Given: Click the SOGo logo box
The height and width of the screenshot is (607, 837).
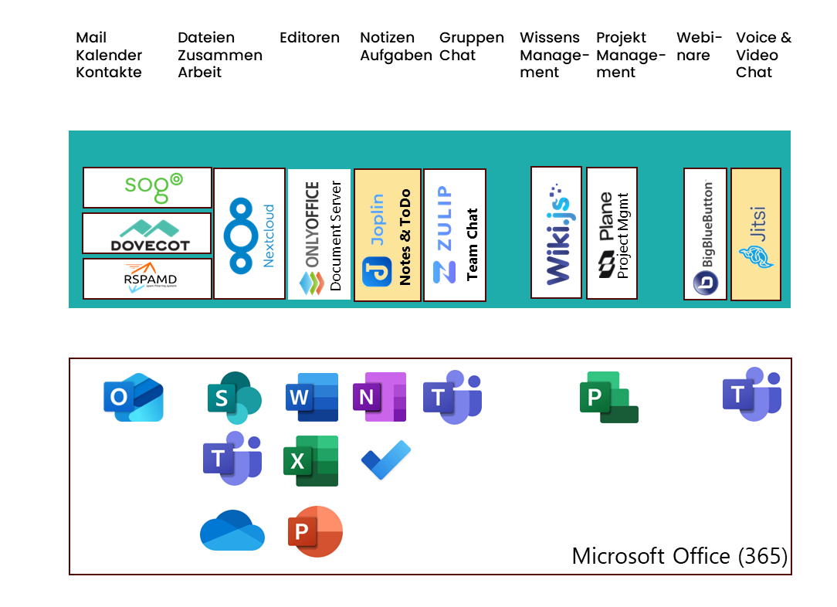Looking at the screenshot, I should pos(147,188).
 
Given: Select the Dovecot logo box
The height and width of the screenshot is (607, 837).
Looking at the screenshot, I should pos(147,233).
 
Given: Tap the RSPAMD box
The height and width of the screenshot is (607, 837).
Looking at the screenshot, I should pos(147,279).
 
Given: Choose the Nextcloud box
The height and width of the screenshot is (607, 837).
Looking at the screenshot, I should pos(249,233).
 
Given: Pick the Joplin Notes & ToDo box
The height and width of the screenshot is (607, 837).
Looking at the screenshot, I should pos(388,235).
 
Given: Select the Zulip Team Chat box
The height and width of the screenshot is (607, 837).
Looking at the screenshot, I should pos(455,235).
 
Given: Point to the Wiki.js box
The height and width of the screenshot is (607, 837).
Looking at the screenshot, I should pos(556,232).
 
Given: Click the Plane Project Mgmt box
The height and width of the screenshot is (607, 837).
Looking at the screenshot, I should pos(612,233).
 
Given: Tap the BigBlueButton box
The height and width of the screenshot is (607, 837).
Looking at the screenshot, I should pos(705,234).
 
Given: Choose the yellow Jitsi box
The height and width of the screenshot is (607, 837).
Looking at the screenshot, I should pos(756,234).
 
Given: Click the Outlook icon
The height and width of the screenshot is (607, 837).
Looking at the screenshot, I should pos(134,398).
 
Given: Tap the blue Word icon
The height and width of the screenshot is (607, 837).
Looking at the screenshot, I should pos(312,397).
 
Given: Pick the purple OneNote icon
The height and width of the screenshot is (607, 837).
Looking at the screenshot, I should pos(379,397).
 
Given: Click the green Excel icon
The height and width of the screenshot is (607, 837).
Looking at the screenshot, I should pos(311,461).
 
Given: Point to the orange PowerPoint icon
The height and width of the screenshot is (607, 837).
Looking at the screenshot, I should pos(315,531).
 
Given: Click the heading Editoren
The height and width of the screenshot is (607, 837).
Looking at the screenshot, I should pos(310,38).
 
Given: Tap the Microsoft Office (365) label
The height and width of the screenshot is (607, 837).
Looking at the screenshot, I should pos(679,556).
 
